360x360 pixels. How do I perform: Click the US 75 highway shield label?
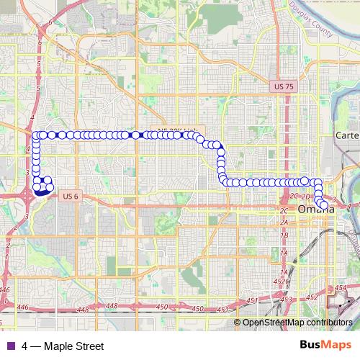[x=285, y=86]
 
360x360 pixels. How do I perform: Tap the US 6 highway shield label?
[x=70, y=195]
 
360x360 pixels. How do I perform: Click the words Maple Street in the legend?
[x=73, y=346]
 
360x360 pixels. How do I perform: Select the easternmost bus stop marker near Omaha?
[x=324, y=205]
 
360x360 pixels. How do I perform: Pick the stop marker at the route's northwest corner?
[x=35, y=135]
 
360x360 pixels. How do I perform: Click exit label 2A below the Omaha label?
[x=284, y=222]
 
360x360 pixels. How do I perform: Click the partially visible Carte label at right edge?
[x=347, y=135]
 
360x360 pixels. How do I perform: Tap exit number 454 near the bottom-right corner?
[x=341, y=288]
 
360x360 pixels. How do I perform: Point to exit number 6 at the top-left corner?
[x=50, y=23]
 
